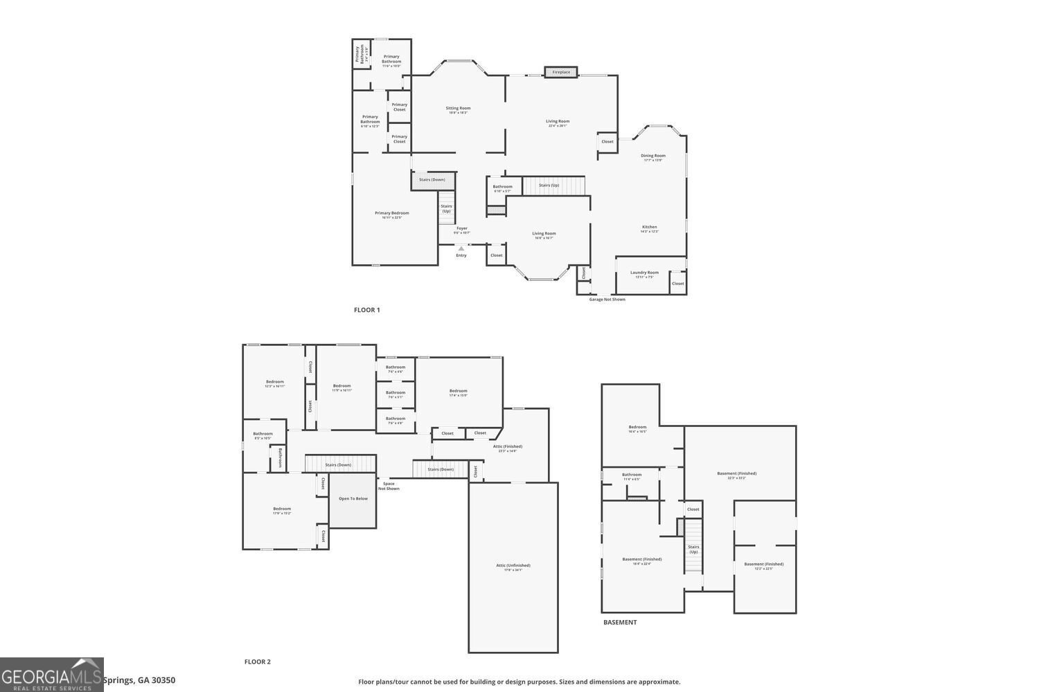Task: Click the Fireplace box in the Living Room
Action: click(561, 72)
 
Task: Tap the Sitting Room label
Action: click(458, 109)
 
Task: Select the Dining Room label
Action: click(653, 156)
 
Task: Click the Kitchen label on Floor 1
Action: click(649, 228)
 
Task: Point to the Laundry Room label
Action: click(644, 273)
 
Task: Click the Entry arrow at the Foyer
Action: click(461, 248)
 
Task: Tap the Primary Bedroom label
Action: click(392, 214)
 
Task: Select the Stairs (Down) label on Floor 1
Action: click(432, 180)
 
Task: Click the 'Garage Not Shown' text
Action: click(607, 300)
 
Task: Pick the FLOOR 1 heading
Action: click(366, 310)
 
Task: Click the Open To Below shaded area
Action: click(353, 499)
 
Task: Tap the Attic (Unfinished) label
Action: click(513, 566)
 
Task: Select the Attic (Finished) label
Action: click(508, 447)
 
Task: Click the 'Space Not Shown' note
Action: click(389, 486)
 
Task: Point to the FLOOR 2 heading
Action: click(257, 662)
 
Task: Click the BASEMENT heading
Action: click(619, 622)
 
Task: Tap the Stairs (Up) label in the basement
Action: click(693, 549)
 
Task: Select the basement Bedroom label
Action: click(637, 428)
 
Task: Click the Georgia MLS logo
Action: click(51, 675)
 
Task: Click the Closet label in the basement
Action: click(693, 509)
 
